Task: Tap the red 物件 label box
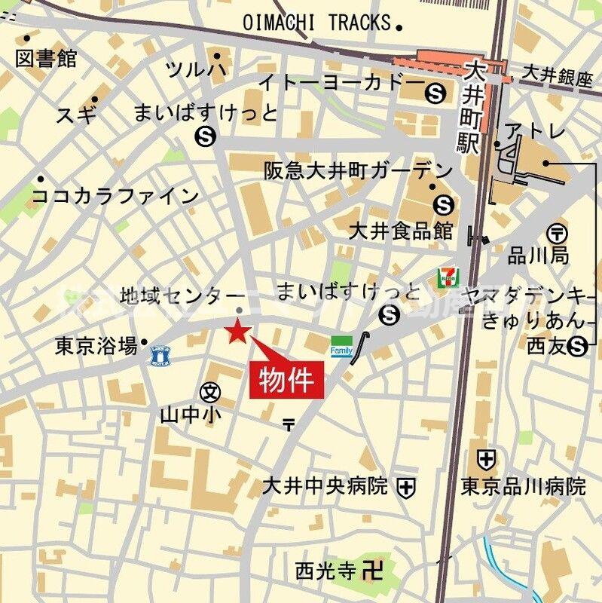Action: [287, 378]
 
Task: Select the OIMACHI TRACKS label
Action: [317, 23]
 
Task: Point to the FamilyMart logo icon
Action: [341, 347]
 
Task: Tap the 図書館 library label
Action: [46, 58]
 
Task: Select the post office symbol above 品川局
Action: [558, 234]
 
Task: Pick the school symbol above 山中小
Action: [210, 392]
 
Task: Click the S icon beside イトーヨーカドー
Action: [435, 93]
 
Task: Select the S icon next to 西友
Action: [578, 346]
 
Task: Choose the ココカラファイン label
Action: [115, 197]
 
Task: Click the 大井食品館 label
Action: [401, 230]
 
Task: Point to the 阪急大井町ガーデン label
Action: [359, 171]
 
